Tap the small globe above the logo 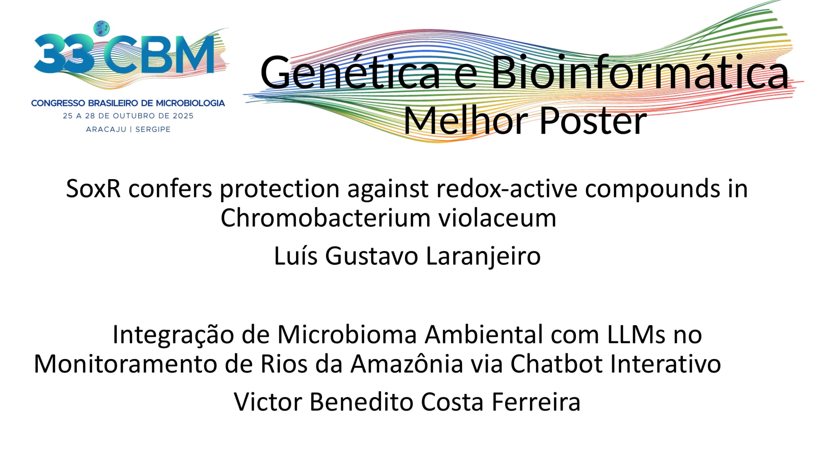(101, 28)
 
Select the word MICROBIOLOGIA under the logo (190, 103)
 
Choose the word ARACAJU (106, 129)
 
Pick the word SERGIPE (153, 129)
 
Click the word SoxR (93, 188)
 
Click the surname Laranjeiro (483, 256)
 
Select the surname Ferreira (536, 402)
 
